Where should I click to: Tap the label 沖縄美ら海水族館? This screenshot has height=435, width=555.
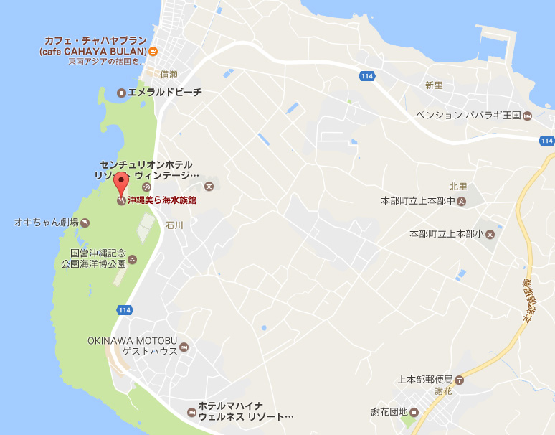pos(162,201)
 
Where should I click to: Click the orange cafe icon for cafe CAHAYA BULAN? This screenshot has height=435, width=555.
pos(153,51)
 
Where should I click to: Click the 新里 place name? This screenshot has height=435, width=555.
pos(434,85)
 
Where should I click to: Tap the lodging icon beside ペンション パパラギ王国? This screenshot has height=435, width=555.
pos(527,116)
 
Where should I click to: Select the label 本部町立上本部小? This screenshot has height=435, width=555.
pos(446,234)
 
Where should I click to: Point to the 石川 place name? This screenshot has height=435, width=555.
pos(174,225)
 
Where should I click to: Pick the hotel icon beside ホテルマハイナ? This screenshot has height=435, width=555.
pos(191,412)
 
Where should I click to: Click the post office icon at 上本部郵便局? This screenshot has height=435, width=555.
pos(460,379)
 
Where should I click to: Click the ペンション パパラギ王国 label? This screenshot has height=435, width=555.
pos(468,116)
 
